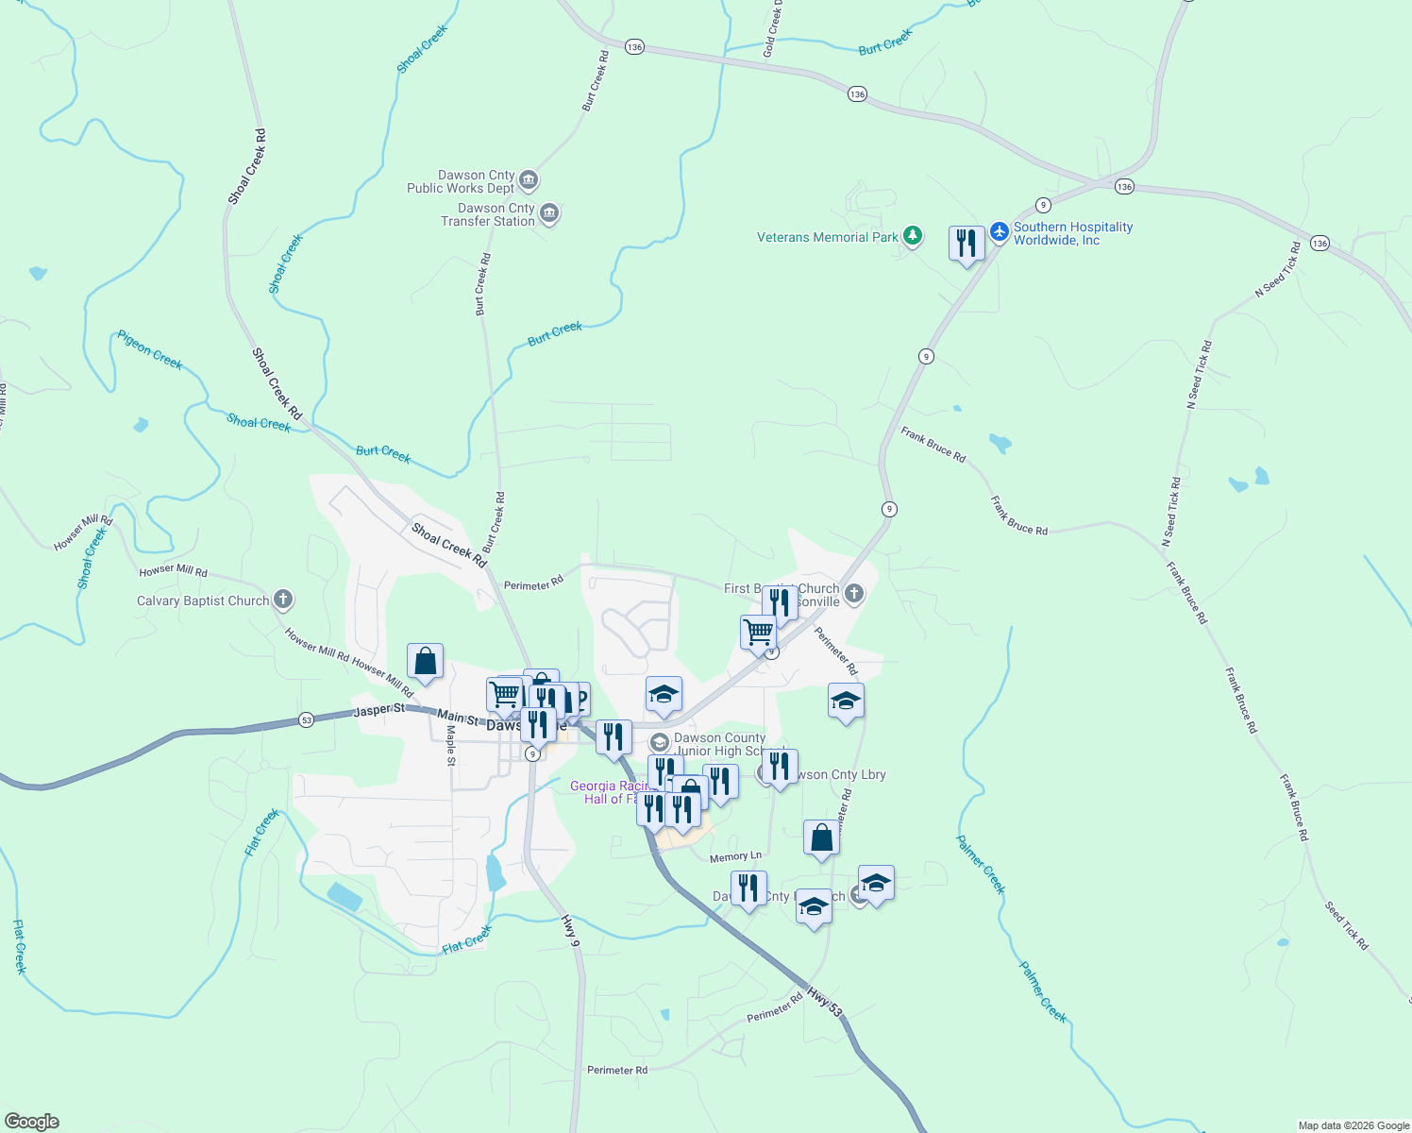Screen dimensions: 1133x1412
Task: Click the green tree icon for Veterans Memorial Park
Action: tap(912, 236)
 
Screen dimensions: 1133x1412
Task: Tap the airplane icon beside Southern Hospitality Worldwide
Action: tap(1000, 232)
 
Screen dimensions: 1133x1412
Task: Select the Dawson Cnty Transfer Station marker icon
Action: tap(549, 214)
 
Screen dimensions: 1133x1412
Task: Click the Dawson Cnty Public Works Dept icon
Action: tap(529, 180)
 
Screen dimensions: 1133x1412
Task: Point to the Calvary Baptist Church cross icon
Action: tap(283, 600)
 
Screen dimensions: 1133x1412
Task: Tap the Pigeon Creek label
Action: tap(150, 349)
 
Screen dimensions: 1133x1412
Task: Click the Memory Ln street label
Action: tap(735, 857)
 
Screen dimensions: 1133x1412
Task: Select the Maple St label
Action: tap(451, 745)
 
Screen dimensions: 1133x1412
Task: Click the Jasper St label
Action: tap(379, 710)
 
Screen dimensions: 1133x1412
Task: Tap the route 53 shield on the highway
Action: tap(306, 720)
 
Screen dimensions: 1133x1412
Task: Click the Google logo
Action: tap(32, 1121)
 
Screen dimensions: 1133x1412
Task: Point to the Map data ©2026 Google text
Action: tap(1353, 1125)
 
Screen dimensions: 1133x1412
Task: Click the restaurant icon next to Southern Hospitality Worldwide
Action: tap(967, 244)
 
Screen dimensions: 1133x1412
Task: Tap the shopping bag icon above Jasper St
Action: tap(425, 662)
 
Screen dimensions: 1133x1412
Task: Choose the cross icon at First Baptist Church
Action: tap(854, 594)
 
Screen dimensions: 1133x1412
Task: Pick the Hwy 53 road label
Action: tap(825, 1004)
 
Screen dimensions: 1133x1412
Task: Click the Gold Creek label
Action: tap(773, 29)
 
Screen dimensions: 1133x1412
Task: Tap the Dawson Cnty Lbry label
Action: tap(838, 774)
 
